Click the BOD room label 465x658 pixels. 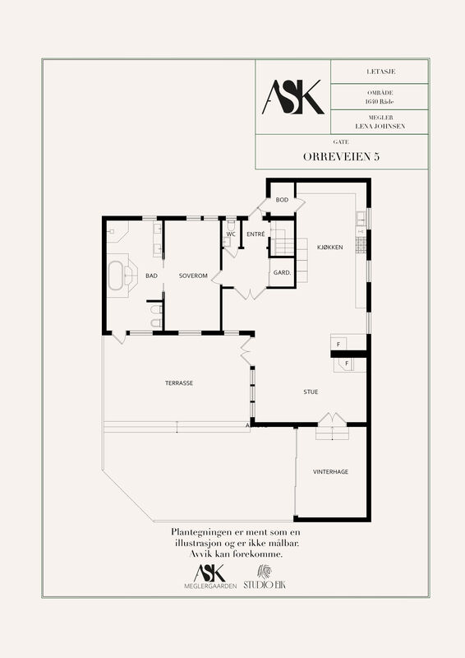point(282,200)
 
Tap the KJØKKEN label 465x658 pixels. point(330,248)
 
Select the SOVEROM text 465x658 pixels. point(193,276)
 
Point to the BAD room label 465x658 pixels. point(151,276)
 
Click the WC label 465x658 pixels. point(231,234)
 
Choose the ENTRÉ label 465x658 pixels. point(256,234)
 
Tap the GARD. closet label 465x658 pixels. point(282,272)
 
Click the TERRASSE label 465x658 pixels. point(179,383)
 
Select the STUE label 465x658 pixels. point(311,392)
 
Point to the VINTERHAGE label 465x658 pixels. point(330,471)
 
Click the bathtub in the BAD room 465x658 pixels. point(116,276)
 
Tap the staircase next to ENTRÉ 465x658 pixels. point(282,239)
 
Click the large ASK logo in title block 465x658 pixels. point(293,97)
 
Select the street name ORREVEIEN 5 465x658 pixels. point(341,156)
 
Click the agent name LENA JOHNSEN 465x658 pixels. point(380,126)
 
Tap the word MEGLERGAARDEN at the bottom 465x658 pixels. point(210,586)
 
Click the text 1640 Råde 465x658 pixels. point(380,101)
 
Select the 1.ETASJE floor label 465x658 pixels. point(380,72)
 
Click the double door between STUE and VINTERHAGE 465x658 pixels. point(332,419)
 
